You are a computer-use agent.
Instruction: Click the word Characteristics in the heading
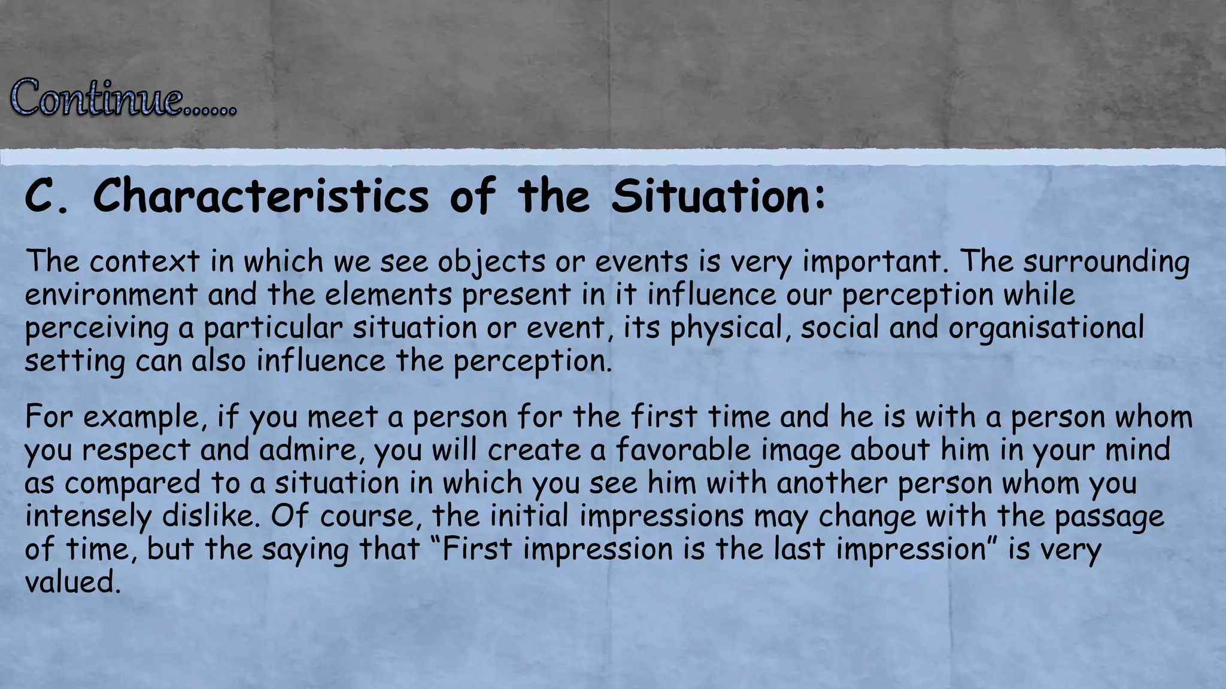(261, 196)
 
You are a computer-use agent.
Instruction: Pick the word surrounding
(1106, 263)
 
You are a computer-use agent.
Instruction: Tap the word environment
(111, 294)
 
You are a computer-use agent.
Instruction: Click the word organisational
(1046, 328)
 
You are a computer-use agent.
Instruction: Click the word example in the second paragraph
(141, 417)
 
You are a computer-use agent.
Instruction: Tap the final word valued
(72, 581)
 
